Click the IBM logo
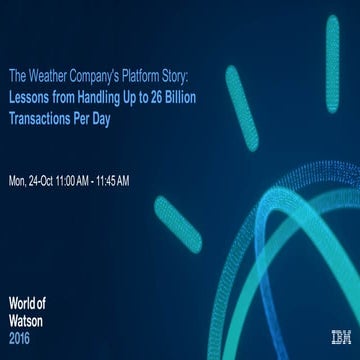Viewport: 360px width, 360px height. coord(339,338)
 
